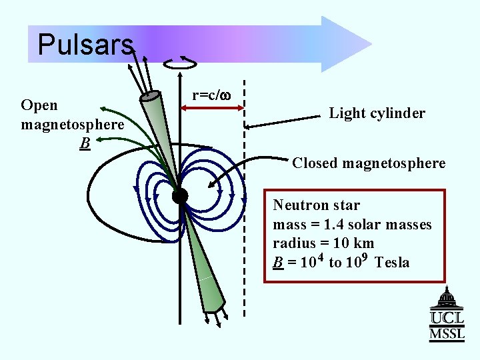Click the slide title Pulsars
(x=85, y=45)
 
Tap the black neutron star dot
(x=179, y=195)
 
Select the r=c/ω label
(x=211, y=95)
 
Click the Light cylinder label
(x=377, y=113)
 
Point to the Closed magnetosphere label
(x=369, y=163)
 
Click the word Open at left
(x=39, y=105)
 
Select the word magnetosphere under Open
(x=72, y=125)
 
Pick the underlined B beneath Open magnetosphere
(x=84, y=143)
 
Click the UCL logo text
(x=447, y=319)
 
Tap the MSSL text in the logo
(x=447, y=334)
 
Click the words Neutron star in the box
(x=316, y=205)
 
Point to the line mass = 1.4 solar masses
(x=352, y=225)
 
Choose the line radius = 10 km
(x=323, y=243)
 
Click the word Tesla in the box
(x=392, y=263)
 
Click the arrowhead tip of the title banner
(x=370, y=44)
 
